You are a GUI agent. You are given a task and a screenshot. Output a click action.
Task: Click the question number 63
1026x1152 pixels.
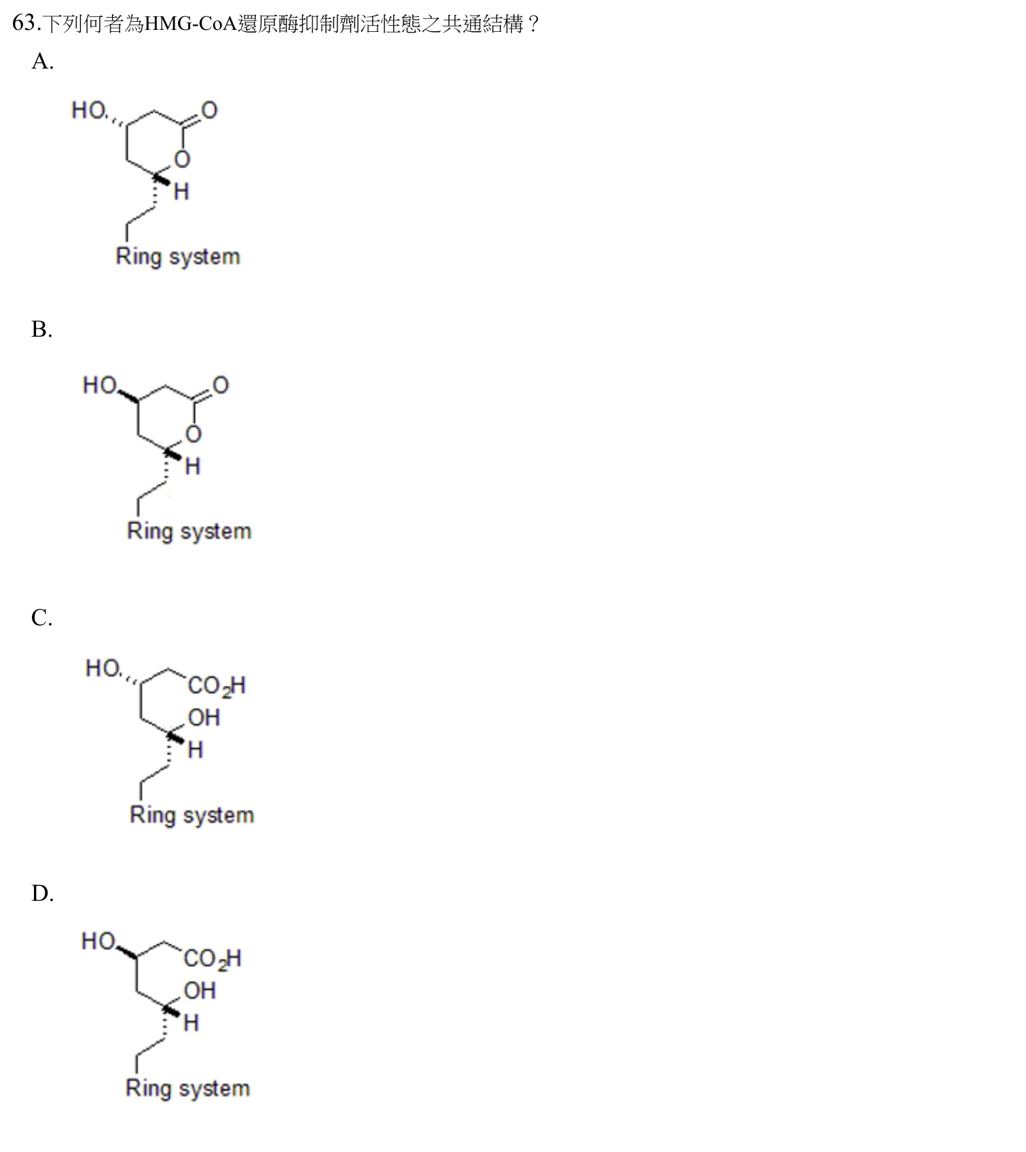click(24, 24)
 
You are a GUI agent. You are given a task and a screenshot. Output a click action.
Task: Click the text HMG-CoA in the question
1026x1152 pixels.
click(191, 24)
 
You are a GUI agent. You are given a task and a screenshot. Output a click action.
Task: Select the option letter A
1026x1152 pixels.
click(42, 62)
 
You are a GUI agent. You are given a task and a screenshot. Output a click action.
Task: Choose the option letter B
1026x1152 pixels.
click(41, 329)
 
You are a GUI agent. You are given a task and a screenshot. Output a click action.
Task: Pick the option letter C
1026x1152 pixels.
click(41, 618)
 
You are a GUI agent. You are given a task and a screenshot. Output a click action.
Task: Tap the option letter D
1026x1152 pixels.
click(42, 893)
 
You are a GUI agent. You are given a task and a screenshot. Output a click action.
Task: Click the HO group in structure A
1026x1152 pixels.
click(89, 110)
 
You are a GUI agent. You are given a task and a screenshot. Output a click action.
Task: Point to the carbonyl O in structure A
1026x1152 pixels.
click(209, 111)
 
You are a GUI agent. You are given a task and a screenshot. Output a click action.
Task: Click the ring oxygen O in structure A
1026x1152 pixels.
click(182, 160)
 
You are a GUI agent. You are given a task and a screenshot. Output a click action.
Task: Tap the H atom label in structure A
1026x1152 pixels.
click(181, 192)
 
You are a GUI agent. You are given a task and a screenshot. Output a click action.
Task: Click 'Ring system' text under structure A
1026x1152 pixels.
click(178, 257)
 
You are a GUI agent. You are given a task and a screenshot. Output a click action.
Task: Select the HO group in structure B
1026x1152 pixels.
click(100, 385)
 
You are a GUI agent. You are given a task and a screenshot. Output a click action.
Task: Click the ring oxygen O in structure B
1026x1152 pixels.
click(194, 434)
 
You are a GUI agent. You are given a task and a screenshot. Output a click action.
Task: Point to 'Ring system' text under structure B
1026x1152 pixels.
click(189, 531)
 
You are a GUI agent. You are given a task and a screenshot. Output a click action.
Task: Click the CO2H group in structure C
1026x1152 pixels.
click(217, 686)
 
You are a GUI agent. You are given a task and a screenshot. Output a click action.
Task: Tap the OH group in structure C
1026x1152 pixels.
click(204, 718)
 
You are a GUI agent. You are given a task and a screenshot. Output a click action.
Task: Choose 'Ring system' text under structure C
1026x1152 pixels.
click(192, 815)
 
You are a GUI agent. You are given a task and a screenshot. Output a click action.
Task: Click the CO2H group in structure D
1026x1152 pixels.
click(213, 959)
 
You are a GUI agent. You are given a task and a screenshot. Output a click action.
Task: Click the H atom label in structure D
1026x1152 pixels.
click(191, 1022)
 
